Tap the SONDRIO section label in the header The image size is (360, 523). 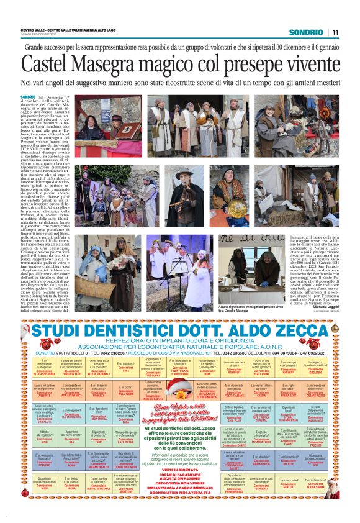click(306, 32)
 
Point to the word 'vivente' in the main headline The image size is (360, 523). click(302, 65)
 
